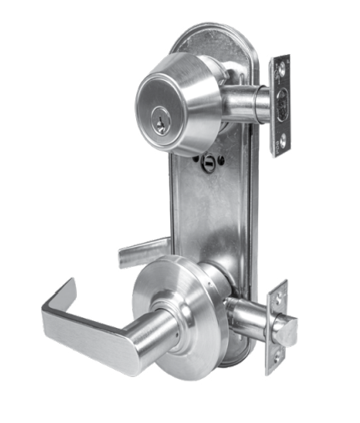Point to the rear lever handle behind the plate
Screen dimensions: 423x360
point(144,248)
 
